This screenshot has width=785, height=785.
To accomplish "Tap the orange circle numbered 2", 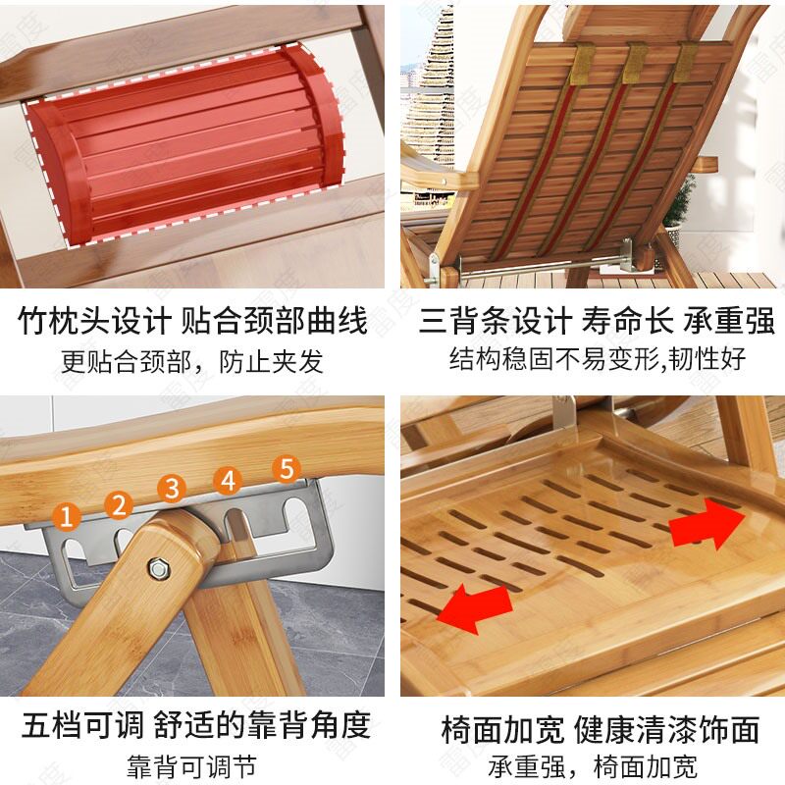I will point(120,505).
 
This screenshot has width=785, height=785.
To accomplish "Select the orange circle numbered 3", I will point(173,488).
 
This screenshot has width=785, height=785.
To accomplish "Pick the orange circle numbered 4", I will point(229,481).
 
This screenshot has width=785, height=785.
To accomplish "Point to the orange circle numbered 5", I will point(286,468).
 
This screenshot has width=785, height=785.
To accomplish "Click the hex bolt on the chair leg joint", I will point(157,568).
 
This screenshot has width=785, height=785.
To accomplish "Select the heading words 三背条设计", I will point(494,321).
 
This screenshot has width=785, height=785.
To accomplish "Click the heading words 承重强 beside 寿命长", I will point(731,321).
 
